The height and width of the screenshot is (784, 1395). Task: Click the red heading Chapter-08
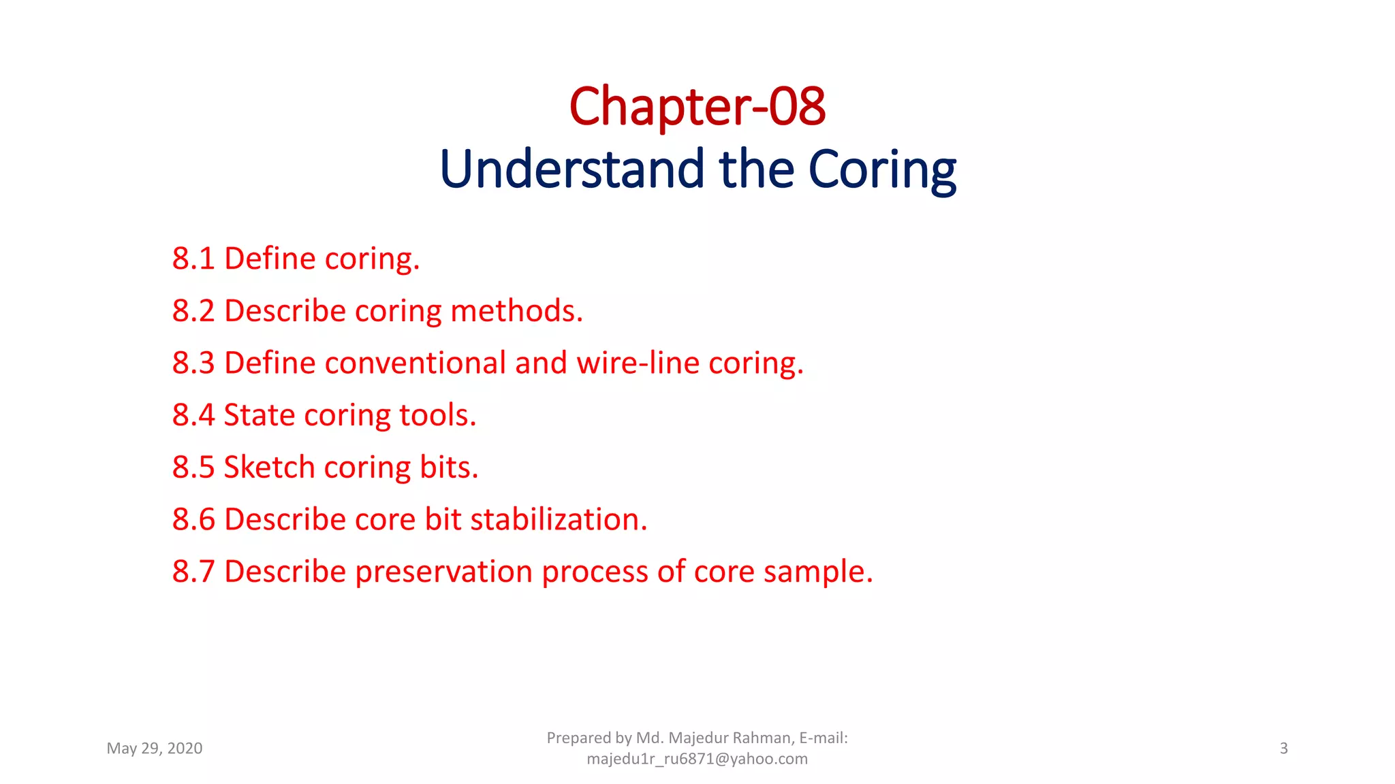(697, 107)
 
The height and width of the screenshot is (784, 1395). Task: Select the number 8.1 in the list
(193, 259)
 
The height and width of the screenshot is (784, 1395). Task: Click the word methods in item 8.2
(516, 311)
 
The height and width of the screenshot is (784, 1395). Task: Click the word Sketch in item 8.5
(268, 468)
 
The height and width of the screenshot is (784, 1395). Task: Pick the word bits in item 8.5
(448, 468)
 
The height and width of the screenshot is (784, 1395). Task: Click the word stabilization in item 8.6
(558, 519)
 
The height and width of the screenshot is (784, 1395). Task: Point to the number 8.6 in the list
(193, 519)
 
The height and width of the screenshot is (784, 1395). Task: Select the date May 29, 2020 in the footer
(155, 749)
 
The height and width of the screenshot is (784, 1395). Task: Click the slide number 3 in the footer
(1283, 749)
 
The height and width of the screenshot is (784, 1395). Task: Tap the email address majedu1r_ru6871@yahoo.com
(697, 759)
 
